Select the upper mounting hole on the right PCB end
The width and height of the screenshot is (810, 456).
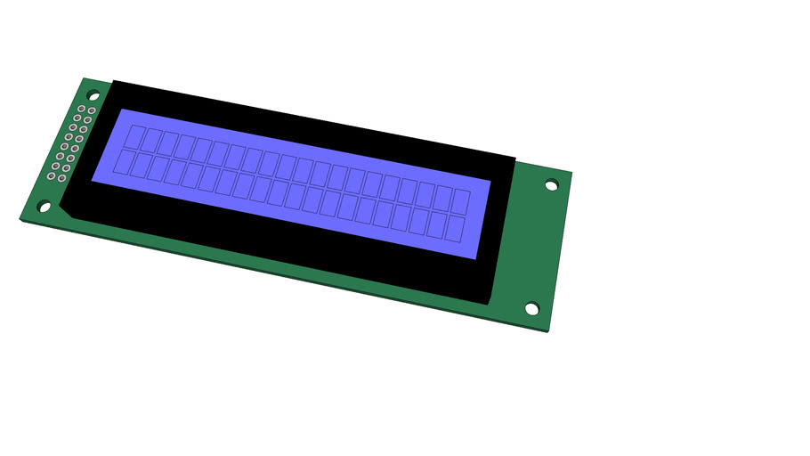coord(551,185)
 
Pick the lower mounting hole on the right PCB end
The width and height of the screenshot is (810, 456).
coord(531,309)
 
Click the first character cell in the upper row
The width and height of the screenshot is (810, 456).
coord(136,136)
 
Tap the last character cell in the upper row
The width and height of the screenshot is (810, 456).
coord(460,200)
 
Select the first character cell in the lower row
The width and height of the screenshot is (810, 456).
coord(126,161)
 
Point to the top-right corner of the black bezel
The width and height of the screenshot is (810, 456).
coord(515,159)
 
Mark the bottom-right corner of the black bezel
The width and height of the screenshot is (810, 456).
coord(489,304)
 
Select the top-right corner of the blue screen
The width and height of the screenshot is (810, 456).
coord(490,182)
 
